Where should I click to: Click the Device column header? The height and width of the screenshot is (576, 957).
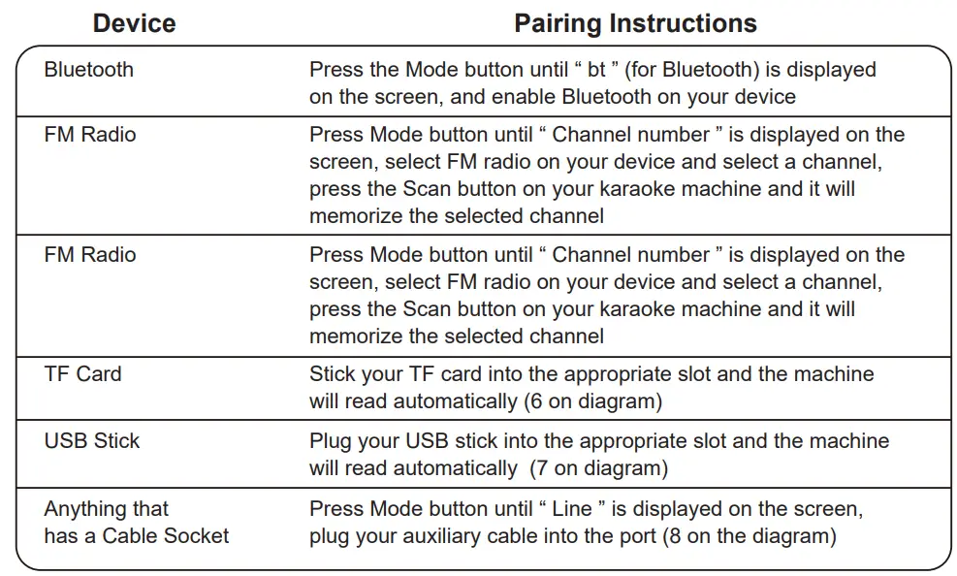point(135,23)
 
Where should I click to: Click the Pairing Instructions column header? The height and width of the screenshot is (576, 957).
point(635,23)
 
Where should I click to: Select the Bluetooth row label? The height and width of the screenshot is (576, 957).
point(89,70)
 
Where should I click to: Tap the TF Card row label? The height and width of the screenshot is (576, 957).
point(82,374)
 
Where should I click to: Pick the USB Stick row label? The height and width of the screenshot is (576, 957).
point(92,441)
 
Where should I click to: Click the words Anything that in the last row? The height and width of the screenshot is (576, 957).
point(107,509)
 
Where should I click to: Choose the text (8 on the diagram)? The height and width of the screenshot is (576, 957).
point(749,535)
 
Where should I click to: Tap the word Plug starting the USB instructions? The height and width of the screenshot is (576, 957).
point(332,441)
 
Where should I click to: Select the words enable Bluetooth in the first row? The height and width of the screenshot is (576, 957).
point(621,97)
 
